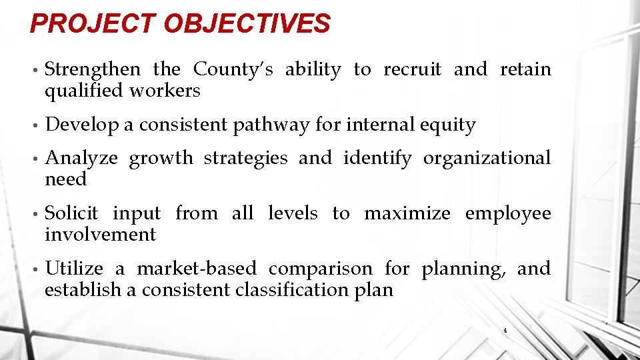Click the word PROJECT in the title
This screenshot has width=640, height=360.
click(93, 24)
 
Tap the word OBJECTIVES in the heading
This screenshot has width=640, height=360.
click(247, 24)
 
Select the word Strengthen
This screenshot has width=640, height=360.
click(93, 69)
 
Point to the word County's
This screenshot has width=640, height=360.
click(233, 69)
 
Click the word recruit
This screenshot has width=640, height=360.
click(412, 69)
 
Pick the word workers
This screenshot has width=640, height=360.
click(165, 91)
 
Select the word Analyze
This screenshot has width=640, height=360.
click(81, 159)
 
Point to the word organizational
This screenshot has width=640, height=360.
click(487, 159)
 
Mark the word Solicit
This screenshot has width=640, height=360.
click(71, 213)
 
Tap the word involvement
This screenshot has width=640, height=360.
click(100, 235)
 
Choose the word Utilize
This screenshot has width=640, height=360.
click(74, 269)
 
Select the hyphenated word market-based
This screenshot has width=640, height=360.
click(197, 269)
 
